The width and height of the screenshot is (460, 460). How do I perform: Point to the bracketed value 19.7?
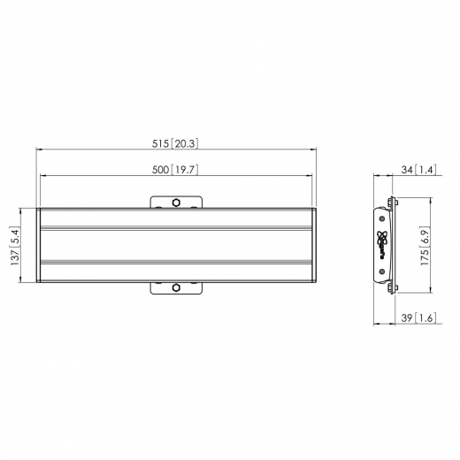pyautogui.click(x=184, y=172)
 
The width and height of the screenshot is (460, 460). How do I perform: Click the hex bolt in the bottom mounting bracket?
pyautogui.click(x=176, y=287)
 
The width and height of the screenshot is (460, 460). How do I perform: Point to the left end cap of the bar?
pyautogui.click(x=39, y=247)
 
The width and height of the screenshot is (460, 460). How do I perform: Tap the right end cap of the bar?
pyautogui.click(x=312, y=247)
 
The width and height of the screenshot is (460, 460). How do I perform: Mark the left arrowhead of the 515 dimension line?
pyautogui.click(x=38, y=149)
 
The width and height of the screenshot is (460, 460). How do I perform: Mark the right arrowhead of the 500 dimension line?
pyautogui.click(x=312, y=179)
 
